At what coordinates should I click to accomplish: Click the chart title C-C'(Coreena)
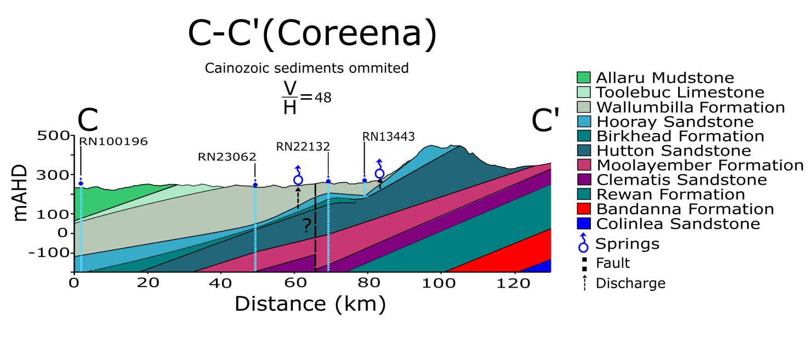pos(312,34)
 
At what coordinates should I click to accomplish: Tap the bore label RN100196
pos(113,141)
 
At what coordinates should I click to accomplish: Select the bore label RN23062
pos(227,157)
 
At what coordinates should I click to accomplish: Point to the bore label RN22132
pos(303,146)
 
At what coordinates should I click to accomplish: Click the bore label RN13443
pos(388,136)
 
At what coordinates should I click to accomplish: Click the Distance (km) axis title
pos(310,304)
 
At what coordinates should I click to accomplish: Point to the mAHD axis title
pos(21,192)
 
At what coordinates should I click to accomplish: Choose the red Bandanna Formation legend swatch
pos(584,209)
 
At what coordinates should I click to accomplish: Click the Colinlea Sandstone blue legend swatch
pos(584,224)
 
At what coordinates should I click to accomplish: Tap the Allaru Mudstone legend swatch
pos(584,78)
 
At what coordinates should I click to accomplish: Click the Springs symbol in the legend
pos(583,243)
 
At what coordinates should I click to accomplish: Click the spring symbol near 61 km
pos(298,177)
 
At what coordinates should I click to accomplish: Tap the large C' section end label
pos(547,121)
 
